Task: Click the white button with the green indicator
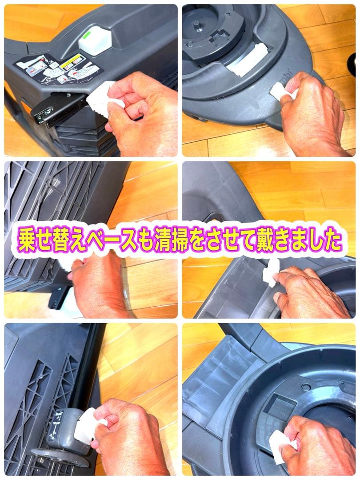[x=95, y=40]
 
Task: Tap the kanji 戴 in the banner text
[x=272, y=240]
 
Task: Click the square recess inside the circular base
[x=282, y=406]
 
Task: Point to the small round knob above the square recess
[x=306, y=387]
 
